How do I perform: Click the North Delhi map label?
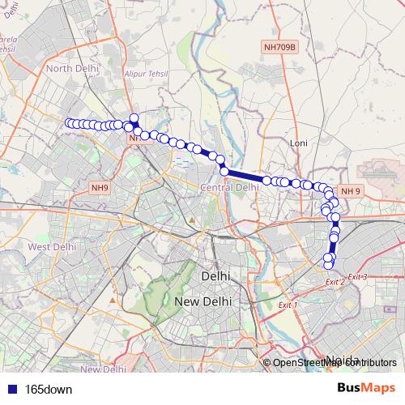(72, 68)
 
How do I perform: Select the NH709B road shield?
(280, 48)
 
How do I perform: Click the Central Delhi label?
(229, 187)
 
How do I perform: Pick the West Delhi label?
(51, 245)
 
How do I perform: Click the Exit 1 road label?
(288, 305)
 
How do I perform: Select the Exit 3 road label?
(358, 277)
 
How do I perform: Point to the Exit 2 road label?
(335, 281)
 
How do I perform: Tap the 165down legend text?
(49, 390)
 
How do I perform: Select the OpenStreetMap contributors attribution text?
(335, 363)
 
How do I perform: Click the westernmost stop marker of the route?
(69, 123)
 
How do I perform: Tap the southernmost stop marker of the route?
(328, 264)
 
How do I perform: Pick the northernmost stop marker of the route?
(134, 117)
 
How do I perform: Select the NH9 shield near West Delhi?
(99, 188)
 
